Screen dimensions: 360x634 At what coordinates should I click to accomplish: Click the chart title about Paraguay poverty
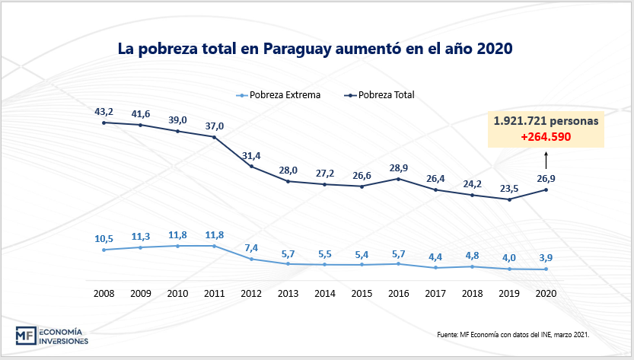[x=315, y=49]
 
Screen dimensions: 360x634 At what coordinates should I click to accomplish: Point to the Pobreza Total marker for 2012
[x=251, y=167]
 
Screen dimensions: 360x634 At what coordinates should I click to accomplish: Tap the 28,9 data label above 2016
[x=398, y=167]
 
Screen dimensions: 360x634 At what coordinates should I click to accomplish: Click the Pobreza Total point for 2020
[x=545, y=190]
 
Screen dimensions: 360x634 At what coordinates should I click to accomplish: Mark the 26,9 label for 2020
[x=546, y=178]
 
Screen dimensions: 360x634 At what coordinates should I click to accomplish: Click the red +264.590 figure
[x=546, y=137]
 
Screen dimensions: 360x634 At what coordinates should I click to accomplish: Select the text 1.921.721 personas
[x=546, y=122]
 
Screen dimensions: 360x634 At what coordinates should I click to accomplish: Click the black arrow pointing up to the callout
[x=546, y=159]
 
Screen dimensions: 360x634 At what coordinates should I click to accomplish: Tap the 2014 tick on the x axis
[x=325, y=293]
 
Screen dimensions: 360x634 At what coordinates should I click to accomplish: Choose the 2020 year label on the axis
[x=545, y=293]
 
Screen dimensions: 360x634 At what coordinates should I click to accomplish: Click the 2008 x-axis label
[x=104, y=293]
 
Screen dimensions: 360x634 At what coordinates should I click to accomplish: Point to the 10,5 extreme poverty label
[x=104, y=238]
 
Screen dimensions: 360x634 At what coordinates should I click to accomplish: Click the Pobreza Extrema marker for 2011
[x=215, y=246]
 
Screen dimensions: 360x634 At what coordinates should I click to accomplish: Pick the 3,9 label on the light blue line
[x=546, y=259]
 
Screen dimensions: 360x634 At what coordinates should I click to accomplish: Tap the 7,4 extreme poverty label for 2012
[x=252, y=248]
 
